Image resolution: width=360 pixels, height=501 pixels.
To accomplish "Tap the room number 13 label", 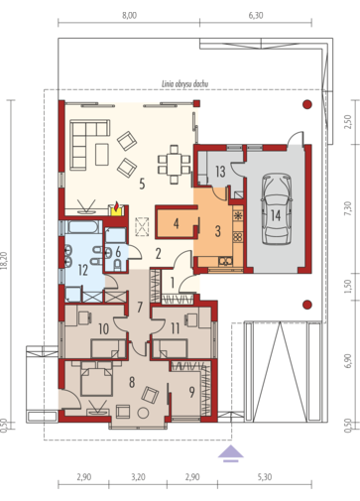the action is (220, 172).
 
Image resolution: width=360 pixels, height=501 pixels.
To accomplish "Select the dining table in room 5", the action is (175, 165).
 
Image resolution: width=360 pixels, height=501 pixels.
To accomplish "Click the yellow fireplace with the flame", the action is (116, 209).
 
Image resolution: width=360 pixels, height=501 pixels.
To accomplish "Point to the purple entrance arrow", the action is (231, 453).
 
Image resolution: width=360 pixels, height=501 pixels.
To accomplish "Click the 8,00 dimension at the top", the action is (129, 16).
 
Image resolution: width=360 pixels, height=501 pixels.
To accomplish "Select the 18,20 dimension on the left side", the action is (5, 260).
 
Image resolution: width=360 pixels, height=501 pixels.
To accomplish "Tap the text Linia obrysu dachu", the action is (184, 84).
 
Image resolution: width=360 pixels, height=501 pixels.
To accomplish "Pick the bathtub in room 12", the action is (84, 227).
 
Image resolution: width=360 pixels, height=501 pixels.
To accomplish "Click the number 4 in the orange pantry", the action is (177, 224).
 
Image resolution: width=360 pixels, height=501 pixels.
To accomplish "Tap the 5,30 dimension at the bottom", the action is (265, 477).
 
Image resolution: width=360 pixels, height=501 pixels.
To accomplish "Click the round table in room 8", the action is (143, 413).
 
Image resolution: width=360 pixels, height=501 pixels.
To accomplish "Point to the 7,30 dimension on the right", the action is (347, 209).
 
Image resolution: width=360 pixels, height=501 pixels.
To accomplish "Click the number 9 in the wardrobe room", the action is (191, 392).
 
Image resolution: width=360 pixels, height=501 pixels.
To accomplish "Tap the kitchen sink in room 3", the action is (226, 262).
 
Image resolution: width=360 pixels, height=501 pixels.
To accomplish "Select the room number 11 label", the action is (175, 328).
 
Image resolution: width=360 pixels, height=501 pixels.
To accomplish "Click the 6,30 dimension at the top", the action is (256, 16).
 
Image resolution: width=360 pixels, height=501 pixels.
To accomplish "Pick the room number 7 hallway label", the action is (140, 308).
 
